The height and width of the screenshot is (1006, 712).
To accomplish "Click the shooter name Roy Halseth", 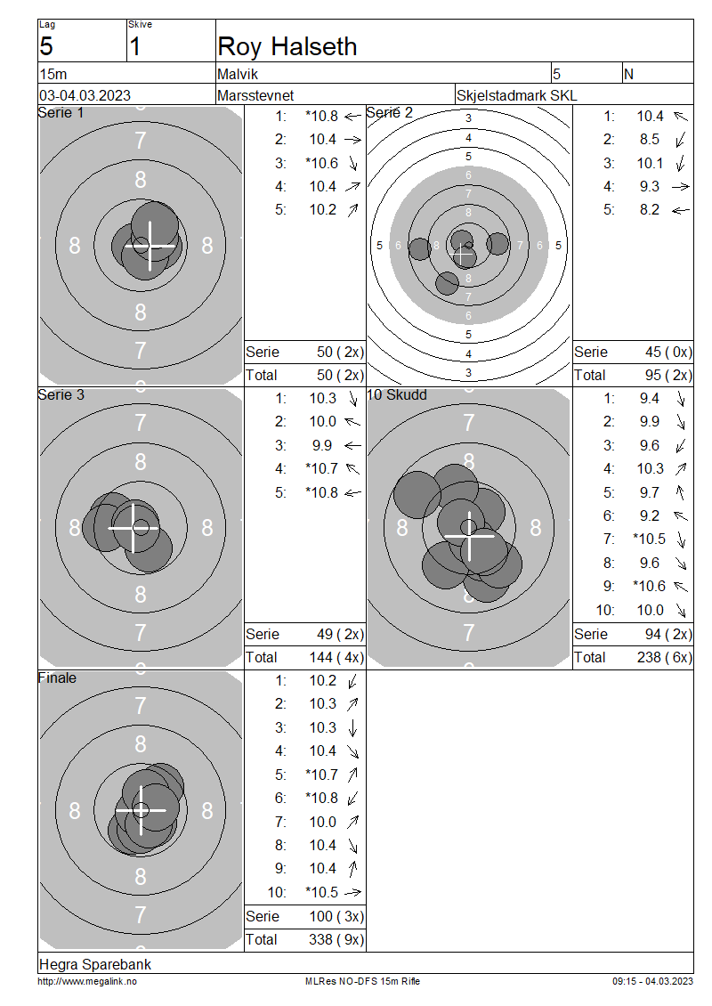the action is point(287,47).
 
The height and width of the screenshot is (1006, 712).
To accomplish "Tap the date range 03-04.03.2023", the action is point(85,95).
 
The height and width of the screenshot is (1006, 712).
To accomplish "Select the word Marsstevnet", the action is point(255,95).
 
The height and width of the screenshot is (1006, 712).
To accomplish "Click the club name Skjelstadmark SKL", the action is point(516,95).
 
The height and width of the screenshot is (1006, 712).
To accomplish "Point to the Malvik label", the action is point(238,75).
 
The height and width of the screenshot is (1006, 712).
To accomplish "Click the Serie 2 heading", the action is point(389,113).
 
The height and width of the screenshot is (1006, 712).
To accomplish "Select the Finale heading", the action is point(57,677).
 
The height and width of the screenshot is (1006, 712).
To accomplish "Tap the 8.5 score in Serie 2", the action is point(649,139).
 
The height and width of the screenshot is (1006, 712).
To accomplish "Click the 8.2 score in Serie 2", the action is point(649,210).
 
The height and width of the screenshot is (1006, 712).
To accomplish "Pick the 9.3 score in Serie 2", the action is point(649,186).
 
